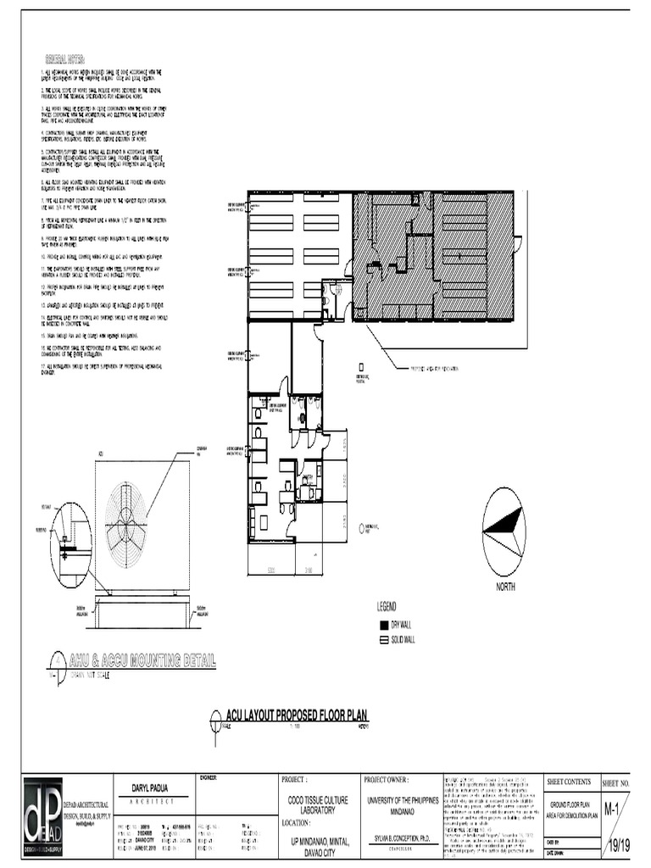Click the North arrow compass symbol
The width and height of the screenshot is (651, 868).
click(x=504, y=531)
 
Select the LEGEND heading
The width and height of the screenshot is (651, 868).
click(x=387, y=607)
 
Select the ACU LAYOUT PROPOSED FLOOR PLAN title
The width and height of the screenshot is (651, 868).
click(x=294, y=716)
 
